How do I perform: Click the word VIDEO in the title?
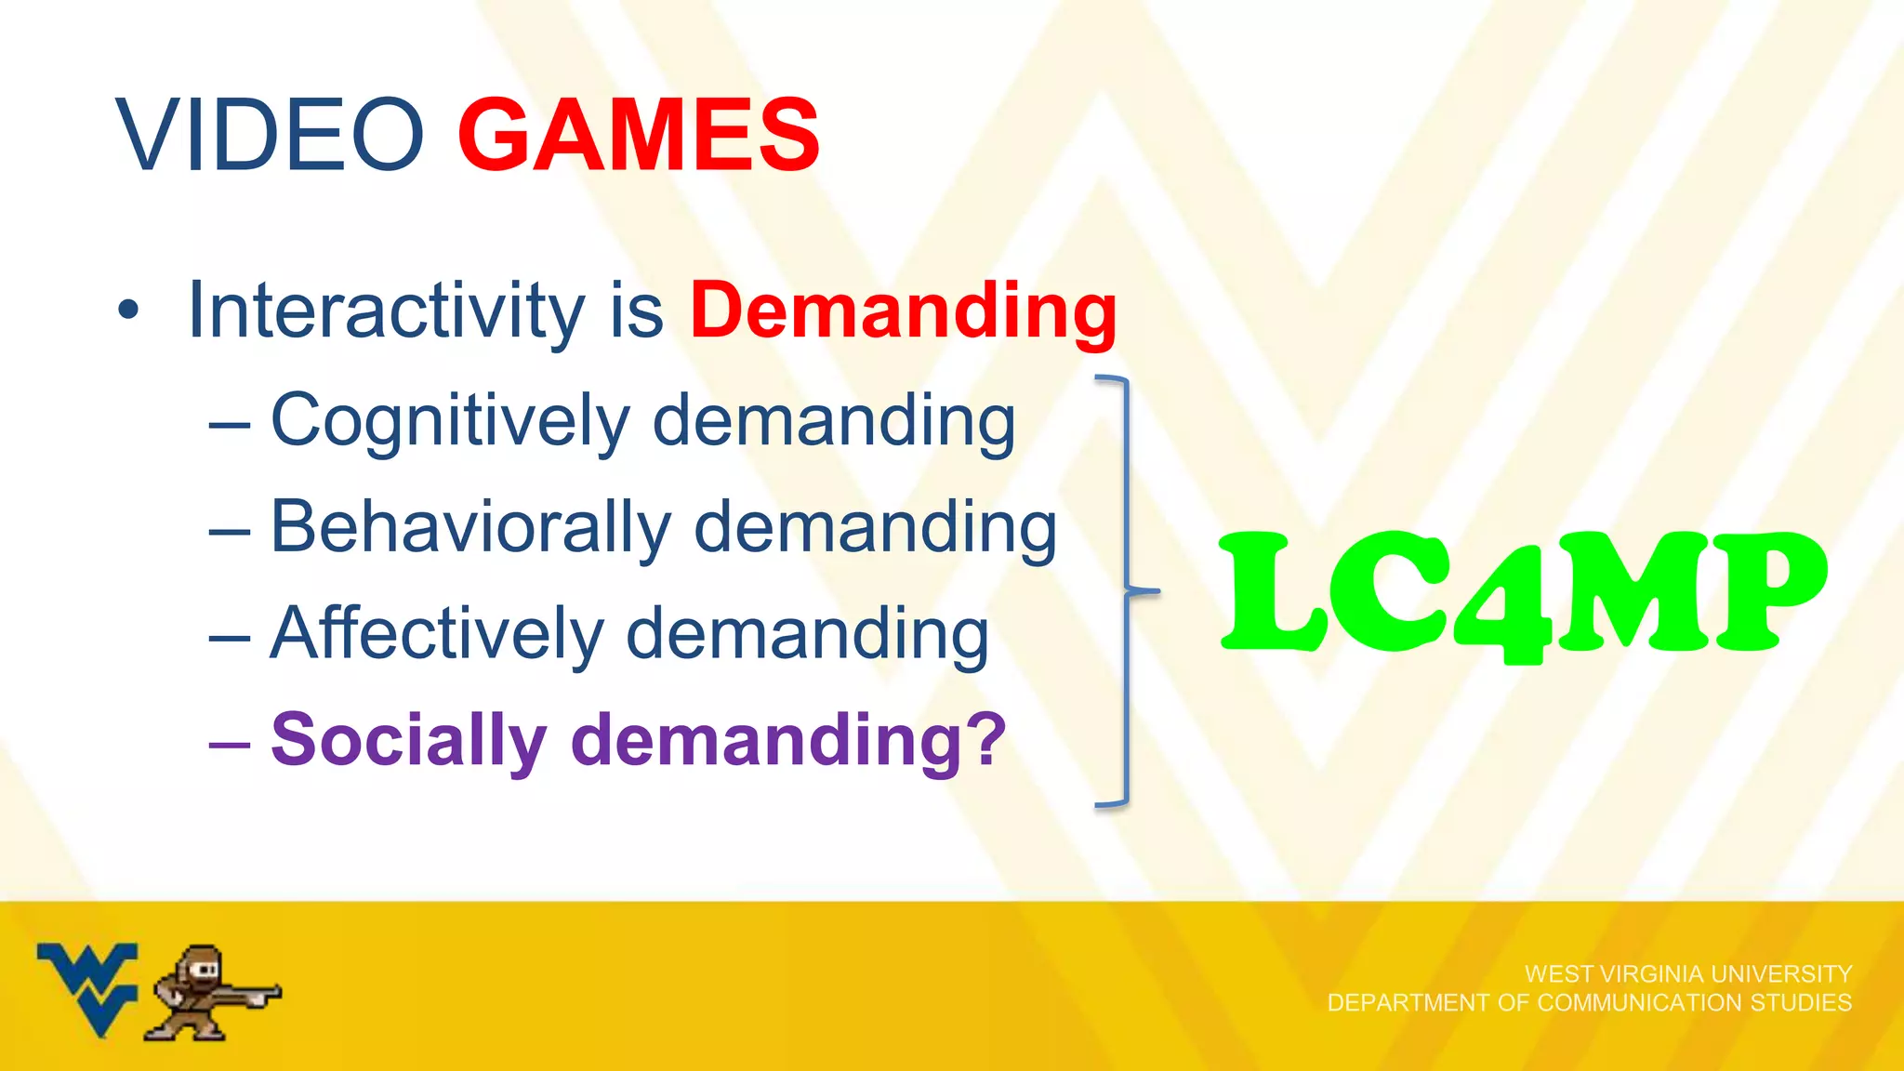click(x=270, y=136)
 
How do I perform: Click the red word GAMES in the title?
click(x=639, y=136)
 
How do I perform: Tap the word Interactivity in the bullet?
click(x=386, y=311)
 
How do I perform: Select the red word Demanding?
click(x=903, y=311)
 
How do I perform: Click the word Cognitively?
click(x=450, y=421)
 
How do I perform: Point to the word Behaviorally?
click(x=470, y=527)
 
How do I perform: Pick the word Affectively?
click(x=437, y=634)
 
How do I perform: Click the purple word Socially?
click(x=409, y=741)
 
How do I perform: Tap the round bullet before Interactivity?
click(x=128, y=311)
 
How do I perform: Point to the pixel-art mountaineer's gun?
click(x=257, y=993)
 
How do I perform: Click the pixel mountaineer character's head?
click(x=202, y=967)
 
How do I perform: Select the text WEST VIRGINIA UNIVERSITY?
click(x=1687, y=974)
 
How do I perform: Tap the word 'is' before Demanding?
click(x=637, y=311)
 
